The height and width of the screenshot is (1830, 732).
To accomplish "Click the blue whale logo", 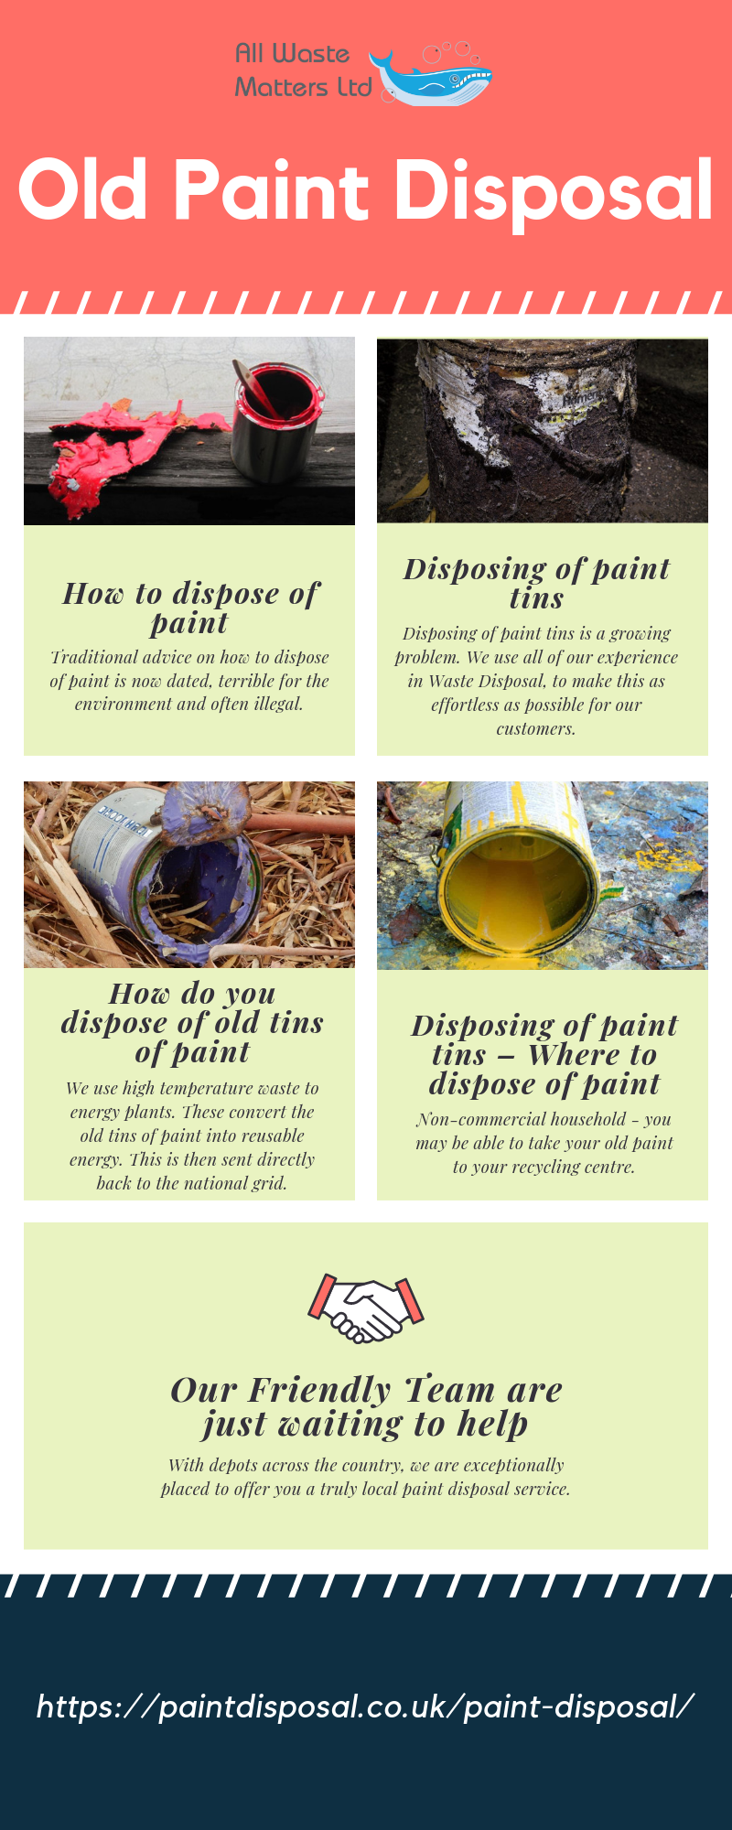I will click(432, 79).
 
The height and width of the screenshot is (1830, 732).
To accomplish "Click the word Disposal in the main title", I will click(553, 192).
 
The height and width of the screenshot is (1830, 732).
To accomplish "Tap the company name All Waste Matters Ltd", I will click(302, 70).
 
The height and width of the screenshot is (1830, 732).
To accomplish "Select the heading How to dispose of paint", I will click(190, 608).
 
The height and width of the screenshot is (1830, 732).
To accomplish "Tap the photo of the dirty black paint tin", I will click(542, 430).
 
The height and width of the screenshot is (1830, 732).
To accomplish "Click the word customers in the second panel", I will click(536, 729).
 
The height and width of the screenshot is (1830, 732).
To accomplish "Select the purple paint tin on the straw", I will click(174, 878).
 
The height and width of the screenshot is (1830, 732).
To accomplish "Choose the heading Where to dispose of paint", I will click(544, 1069).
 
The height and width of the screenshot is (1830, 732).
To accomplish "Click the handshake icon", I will click(365, 1308).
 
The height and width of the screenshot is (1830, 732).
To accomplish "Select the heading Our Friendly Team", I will click(366, 1391).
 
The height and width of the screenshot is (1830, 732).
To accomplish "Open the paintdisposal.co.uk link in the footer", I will click(365, 1706).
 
